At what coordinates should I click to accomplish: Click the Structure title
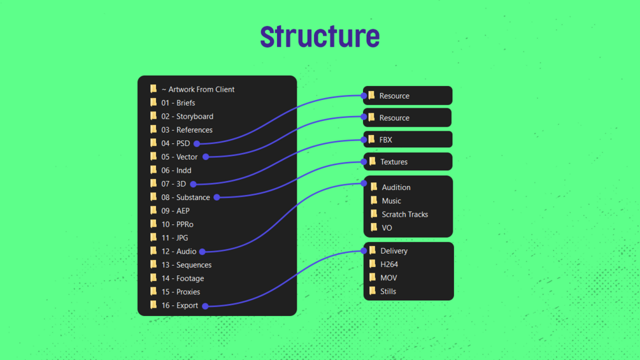click(320, 37)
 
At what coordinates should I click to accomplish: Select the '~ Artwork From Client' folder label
click(198, 89)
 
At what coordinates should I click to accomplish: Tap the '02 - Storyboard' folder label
click(187, 117)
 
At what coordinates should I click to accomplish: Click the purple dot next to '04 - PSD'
click(197, 143)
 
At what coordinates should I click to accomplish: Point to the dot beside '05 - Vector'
click(206, 157)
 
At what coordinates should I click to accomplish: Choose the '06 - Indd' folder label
click(176, 170)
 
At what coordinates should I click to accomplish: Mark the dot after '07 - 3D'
click(193, 184)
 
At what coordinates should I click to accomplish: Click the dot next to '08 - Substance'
click(217, 198)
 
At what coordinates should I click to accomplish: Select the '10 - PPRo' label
click(178, 224)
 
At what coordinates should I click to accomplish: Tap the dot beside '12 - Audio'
click(202, 252)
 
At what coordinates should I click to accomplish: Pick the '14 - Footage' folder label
click(183, 278)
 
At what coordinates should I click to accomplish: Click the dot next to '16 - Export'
click(205, 306)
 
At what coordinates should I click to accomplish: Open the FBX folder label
click(386, 140)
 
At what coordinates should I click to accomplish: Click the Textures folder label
click(394, 162)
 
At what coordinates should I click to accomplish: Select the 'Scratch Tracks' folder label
click(405, 214)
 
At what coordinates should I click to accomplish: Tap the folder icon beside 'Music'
click(374, 201)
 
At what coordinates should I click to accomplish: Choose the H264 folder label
click(389, 264)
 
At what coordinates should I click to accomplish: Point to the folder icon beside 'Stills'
click(373, 291)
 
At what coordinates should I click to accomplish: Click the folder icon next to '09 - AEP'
click(153, 210)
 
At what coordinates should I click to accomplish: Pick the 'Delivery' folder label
click(394, 251)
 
